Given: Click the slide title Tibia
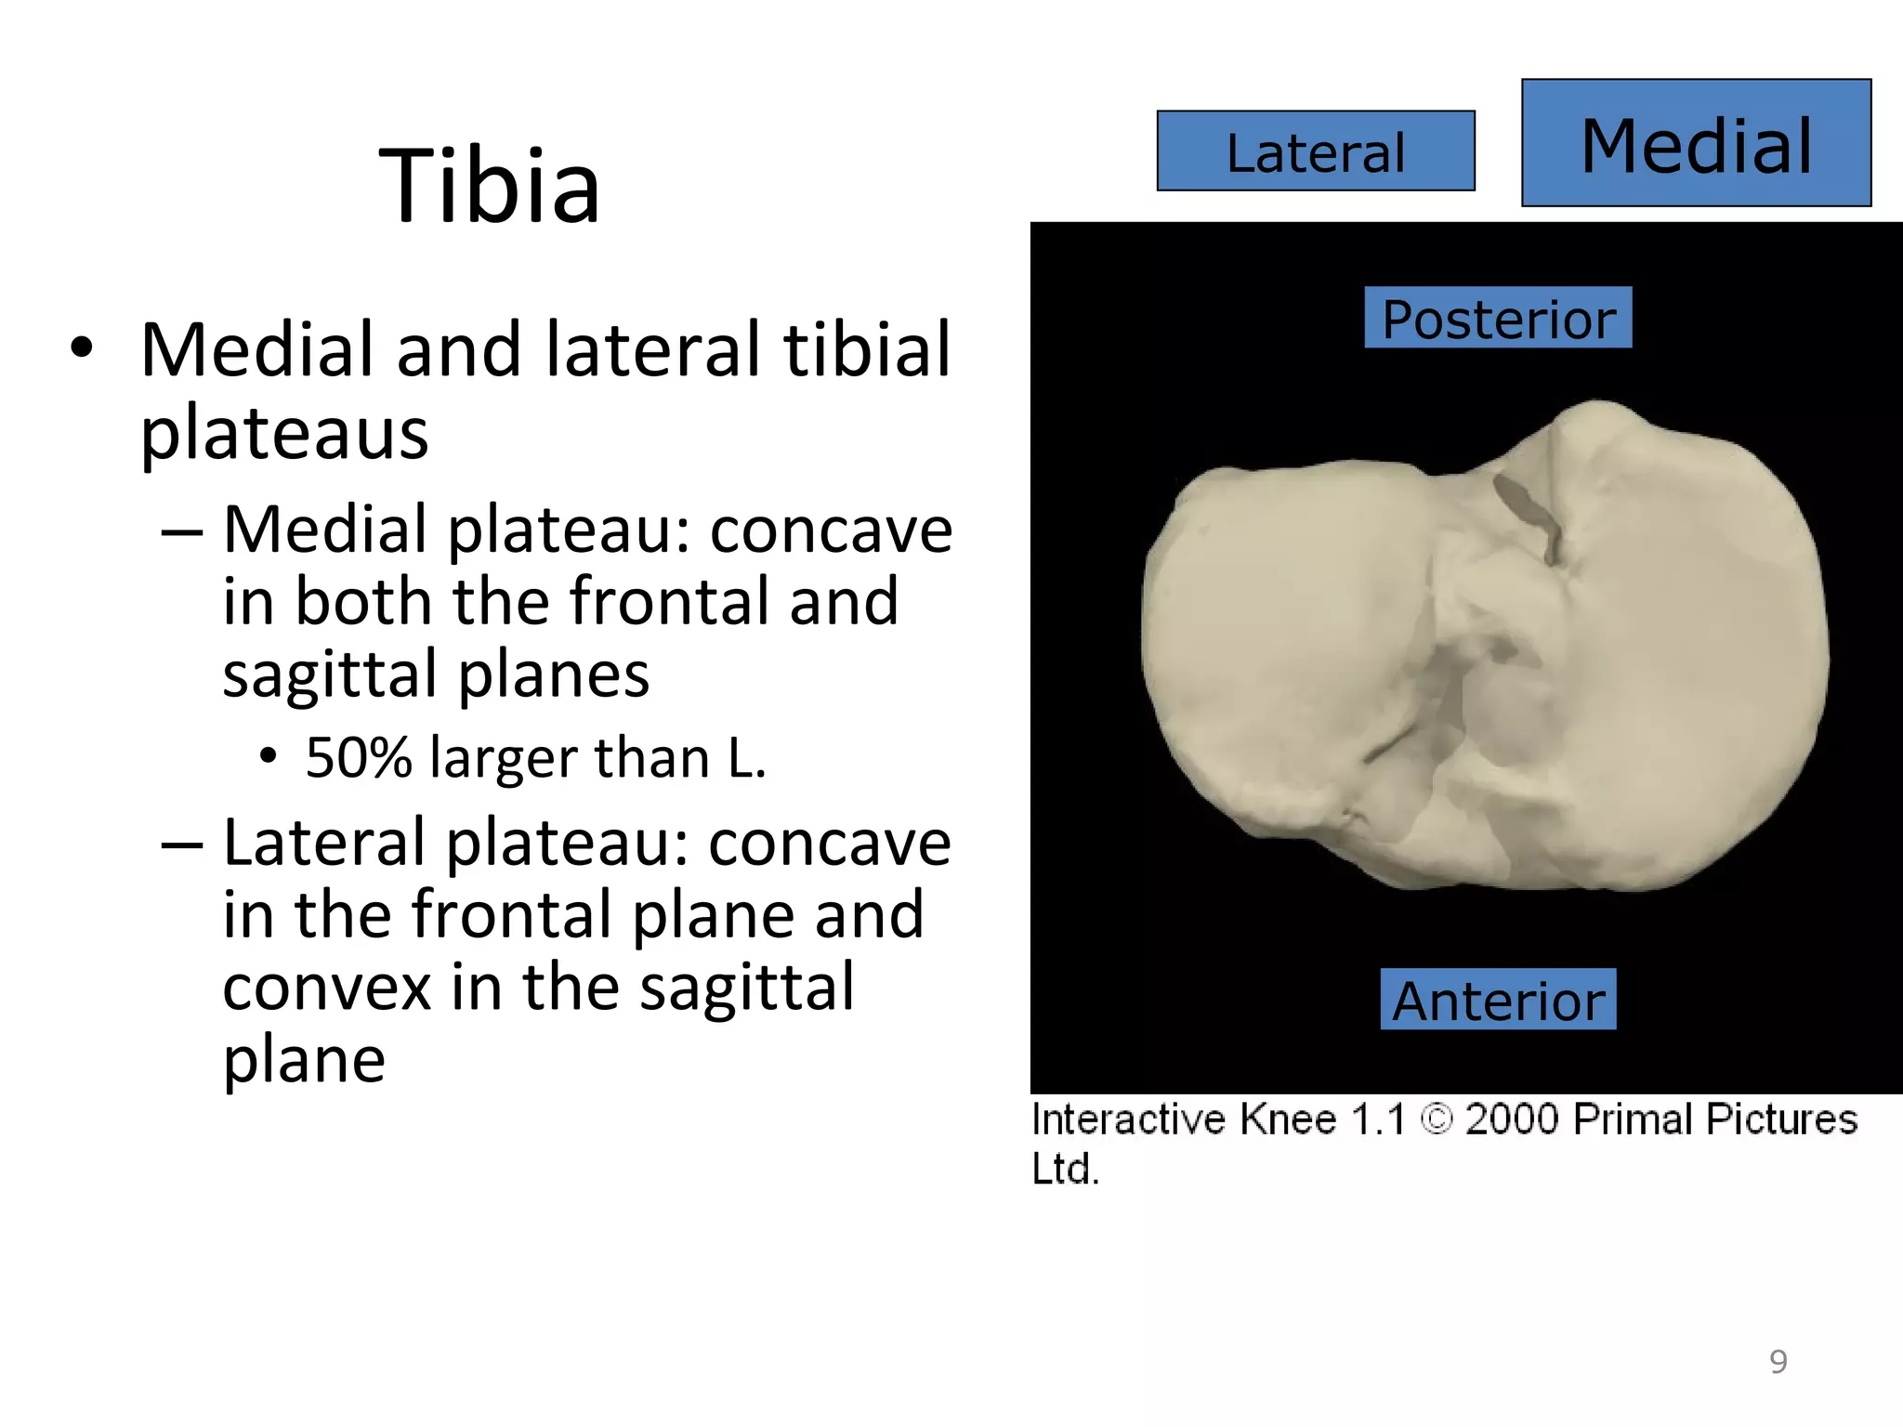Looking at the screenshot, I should click(490, 187).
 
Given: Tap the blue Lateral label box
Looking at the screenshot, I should click(1315, 151).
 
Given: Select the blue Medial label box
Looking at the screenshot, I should click(1695, 144).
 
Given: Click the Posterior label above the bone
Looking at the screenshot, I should click(1498, 319).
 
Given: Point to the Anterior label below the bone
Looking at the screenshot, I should click(1498, 1000).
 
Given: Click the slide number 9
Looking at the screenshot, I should click(1778, 1361).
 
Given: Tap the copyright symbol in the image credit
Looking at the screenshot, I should click(1436, 1119).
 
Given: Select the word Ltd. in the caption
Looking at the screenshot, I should click(1065, 1168).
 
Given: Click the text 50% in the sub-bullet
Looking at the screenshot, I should click(358, 757).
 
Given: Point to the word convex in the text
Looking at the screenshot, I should click(326, 987).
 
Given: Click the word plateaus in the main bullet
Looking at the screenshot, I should click(283, 433).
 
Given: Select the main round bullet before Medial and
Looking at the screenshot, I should click(82, 348).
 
